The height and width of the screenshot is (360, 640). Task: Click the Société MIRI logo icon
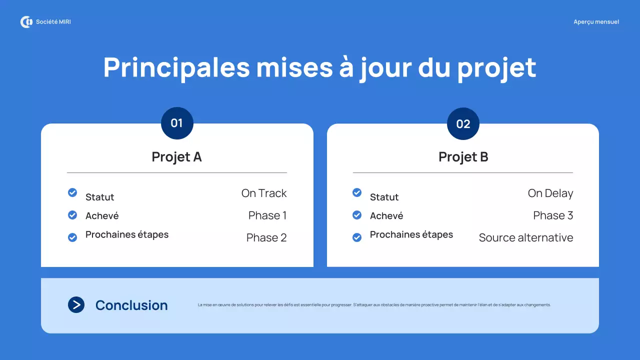pyautogui.click(x=26, y=22)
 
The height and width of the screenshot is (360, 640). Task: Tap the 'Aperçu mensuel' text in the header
pyautogui.click(x=596, y=22)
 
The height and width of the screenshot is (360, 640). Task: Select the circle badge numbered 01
pyautogui.click(x=177, y=123)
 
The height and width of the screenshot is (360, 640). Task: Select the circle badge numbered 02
pyautogui.click(x=463, y=123)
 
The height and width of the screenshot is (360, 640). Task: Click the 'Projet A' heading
pyautogui.click(x=176, y=157)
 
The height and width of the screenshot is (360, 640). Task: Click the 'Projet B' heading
pyautogui.click(x=463, y=157)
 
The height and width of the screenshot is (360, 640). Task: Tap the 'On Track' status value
pyautogui.click(x=264, y=193)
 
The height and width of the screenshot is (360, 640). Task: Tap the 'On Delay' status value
pyautogui.click(x=550, y=193)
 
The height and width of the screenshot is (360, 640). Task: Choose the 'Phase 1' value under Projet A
pyautogui.click(x=267, y=215)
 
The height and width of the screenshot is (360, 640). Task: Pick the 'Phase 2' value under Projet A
pyautogui.click(x=266, y=237)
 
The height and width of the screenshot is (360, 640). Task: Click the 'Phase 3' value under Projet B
pyautogui.click(x=553, y=215)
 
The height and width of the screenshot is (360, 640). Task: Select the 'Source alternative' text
pyautogui.click(x=526, y=237)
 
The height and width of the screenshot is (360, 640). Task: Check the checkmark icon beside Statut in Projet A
pyautogui.click(x=72, y=192)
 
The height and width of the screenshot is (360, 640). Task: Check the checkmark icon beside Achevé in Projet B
pyautogui.click(x=357, y=215)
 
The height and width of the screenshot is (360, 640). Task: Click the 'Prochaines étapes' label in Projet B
pyautogui.click(x=411, y=235)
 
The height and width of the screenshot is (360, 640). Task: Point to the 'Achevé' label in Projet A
pyautogui.click(x=102, y=216)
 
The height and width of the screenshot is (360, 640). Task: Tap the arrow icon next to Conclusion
pyautogui.click(x=76, y=305)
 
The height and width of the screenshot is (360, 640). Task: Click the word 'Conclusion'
pyautogui.click(x=131, y=305)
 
